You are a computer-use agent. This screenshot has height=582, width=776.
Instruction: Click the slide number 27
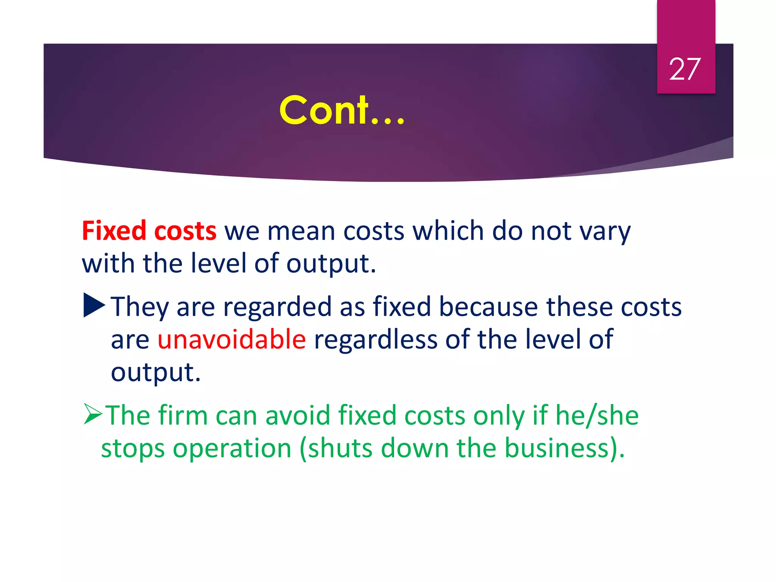pyautogui.click(x=685, y=69)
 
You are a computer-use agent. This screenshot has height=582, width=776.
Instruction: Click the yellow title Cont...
pyautogui.click(x=342, y=110)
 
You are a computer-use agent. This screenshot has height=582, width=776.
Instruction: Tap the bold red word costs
pyautogui.click(x=185, y=232)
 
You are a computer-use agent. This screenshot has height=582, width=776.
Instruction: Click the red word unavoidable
pyautogui.click(x=232, y=339)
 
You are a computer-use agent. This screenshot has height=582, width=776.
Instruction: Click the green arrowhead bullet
pyautogui.click(x=93, y=414)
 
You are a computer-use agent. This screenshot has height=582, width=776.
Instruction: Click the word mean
pyautogui.click(x=301, y=232)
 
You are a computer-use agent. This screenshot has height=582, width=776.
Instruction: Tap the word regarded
pyautogui.click(x=277, y=307)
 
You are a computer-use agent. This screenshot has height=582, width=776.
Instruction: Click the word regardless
pyautogui.click(x=375, y=339)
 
